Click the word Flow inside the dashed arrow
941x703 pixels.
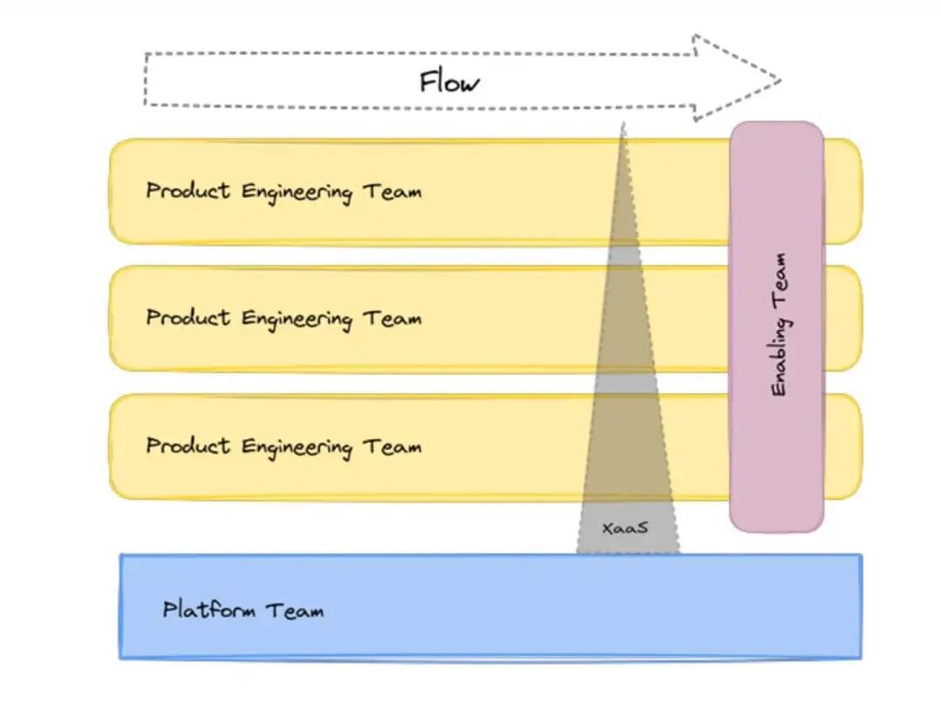point(449,82)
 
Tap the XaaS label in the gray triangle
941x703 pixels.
point(625,528)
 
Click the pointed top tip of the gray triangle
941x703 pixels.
point(623,125)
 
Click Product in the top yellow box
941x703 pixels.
point(188,191)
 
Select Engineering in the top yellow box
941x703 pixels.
point(296,193)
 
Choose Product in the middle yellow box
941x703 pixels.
point(188,318)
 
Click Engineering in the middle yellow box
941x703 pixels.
point(296,320)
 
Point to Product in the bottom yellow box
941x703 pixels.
point(188,446)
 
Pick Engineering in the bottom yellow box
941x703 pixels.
point(296,448)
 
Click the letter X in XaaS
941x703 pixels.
point(607,528)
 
